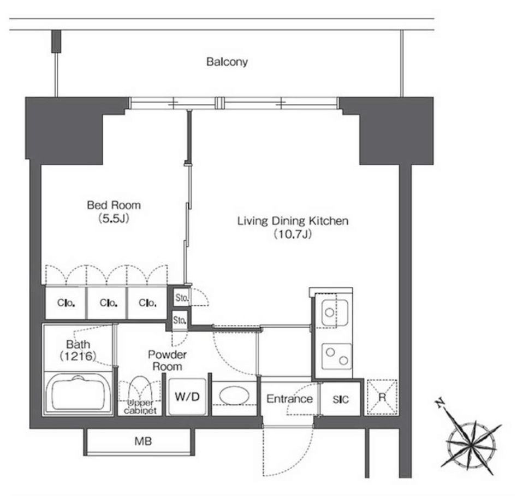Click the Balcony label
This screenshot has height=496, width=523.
click(x=227, y=62)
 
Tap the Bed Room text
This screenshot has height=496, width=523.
click(x=114, y=205)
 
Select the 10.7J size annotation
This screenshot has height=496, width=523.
click(x=293, y=234)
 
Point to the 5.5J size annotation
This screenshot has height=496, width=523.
click(x=114, y=219)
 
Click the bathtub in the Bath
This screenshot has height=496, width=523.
click(x=79, y=393)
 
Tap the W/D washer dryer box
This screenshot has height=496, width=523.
click(x=187, y=397)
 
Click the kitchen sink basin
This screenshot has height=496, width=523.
click(x=335, y=312)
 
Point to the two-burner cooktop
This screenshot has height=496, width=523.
click(x=336, y=356)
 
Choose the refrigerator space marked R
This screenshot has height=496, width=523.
click(x=382, y=397)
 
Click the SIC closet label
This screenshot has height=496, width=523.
click(x=341, y=399)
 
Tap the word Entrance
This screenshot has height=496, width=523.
click(x=289, y=399)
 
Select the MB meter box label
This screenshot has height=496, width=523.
click(x=143, y=441)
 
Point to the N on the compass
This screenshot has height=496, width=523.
click(x=441, y=403)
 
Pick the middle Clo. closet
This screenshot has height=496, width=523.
click(x=109, y=303)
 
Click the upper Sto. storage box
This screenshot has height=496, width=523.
click(x=182, y=297)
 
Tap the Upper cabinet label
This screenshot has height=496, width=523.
click(x=140, y=406)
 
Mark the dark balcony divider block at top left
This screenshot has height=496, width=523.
click(x=56, y=41)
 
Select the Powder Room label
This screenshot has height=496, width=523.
click(x=167, y=360)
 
